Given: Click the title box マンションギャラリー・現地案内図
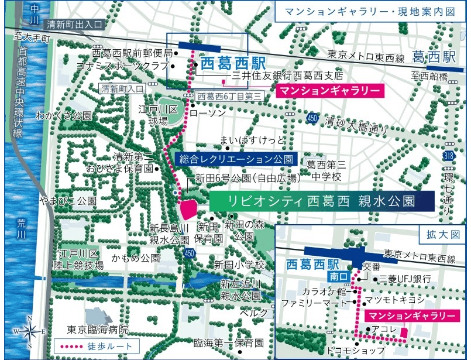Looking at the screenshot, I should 370,12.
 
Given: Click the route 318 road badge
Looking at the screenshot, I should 449,156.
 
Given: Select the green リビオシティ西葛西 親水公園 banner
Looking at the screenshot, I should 321,201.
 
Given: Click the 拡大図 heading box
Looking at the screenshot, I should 448,234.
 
